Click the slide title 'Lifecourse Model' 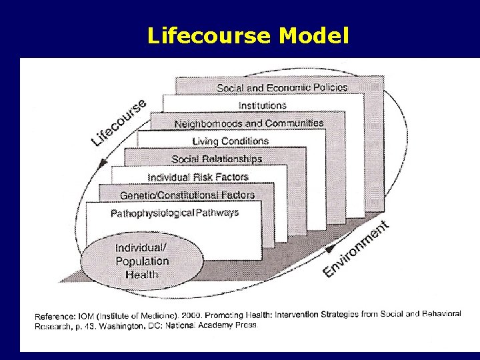click(x=247, y=35)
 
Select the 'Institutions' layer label click(x=262, y=105)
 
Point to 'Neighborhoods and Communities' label click(x=249, y=123)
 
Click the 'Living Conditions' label click(x=230, y=141)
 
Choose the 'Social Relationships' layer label click(x=217, y=159)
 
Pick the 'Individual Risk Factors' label click(x=198, y=177)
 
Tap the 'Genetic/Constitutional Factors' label click(x=187, y=195)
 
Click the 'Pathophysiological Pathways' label click(x=175, y=213)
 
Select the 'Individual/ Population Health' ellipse click(x=142, y=261)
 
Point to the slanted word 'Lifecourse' click(x=119, y=122)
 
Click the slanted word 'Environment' click(x=356, y=249)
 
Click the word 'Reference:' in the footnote click(x=55, y=315)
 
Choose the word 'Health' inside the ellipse click(x=142, y=274)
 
